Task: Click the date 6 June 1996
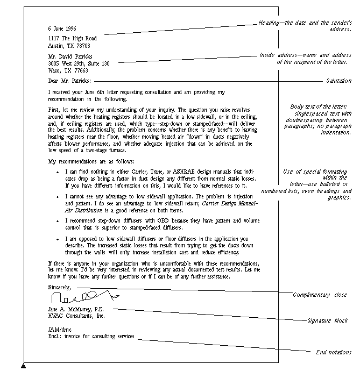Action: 62,28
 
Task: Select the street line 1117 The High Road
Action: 72,39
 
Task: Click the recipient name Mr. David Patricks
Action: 70,56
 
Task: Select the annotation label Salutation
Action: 338,81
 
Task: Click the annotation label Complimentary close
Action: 319,295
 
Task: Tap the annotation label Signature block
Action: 327,320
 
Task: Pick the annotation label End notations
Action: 334,353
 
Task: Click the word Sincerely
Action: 60,288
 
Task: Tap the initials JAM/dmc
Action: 59,330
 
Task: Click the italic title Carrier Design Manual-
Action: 229,204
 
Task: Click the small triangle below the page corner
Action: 23,366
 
